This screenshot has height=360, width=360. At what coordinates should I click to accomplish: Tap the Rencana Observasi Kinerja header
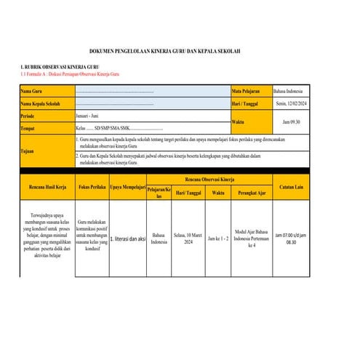click(209, 179)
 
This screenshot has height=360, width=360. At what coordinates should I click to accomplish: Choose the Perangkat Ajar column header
click(252, 193)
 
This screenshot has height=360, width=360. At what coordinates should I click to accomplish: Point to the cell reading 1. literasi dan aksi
click(127, 239)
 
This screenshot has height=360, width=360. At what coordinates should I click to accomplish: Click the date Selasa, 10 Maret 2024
click(188, 238)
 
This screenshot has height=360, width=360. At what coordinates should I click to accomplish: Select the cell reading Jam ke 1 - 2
click(218, 238)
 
